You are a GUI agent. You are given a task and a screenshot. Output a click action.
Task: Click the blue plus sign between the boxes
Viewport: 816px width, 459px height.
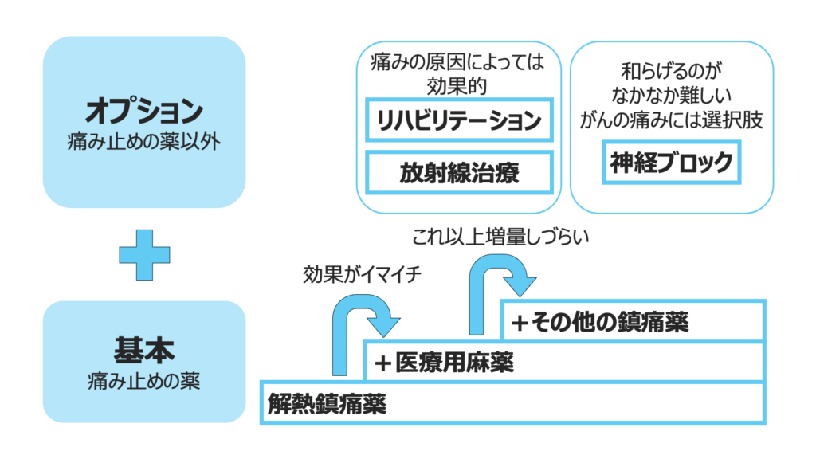144,255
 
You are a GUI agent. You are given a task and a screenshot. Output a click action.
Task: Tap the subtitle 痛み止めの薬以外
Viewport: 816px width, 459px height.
144,142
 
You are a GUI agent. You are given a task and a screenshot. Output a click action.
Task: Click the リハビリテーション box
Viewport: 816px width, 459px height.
458,120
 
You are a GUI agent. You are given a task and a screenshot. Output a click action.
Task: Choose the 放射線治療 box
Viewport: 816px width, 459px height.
458,173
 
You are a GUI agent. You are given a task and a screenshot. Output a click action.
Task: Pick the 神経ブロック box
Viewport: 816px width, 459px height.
671,163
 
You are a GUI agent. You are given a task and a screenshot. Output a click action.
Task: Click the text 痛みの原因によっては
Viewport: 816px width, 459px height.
458,62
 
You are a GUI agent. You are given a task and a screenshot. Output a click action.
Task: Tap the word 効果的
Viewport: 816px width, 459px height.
458,84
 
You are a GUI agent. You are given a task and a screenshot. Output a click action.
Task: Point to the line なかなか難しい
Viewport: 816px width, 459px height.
671,96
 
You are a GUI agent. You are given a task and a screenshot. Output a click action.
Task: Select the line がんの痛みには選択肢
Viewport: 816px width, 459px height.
671,120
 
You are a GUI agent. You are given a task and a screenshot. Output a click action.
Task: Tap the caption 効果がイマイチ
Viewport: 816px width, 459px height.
361,275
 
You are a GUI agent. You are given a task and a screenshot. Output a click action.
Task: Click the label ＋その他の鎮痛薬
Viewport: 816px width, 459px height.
599,322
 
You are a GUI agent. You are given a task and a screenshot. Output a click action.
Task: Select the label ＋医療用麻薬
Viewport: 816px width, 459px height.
445,363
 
